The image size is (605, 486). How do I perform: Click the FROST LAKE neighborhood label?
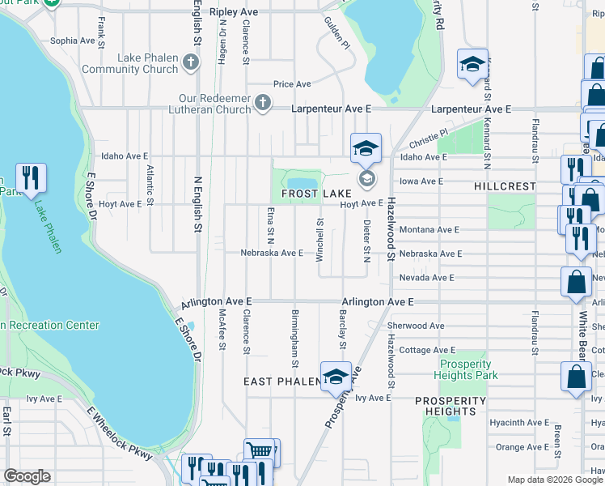click(x=315, y=194)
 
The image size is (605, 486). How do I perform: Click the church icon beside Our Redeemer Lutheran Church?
click(x=262, y=102)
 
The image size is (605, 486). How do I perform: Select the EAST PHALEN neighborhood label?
click(x=283, y=381)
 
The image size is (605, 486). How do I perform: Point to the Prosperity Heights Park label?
click(x=466, y=369)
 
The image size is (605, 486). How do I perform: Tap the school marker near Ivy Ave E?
click(x=336, y=376)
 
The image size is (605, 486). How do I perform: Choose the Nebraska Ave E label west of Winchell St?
click(x=272, y=253)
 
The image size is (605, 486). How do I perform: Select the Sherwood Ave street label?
click(x=416, y=326)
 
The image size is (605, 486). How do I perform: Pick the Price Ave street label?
click(x=292, y=84)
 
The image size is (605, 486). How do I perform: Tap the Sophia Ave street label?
click(x=73, y=40)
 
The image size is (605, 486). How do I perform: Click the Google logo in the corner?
click(x=27, y=476)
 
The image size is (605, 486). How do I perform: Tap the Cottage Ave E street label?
click(x=418, y=350)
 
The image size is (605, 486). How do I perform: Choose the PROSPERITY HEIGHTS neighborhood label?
click(x=451, y=406)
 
